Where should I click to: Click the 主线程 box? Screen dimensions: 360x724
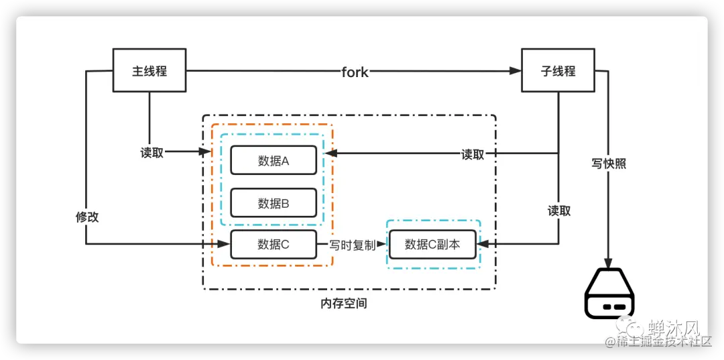(x=149, y=70)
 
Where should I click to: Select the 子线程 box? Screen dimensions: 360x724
(x=558, y=70)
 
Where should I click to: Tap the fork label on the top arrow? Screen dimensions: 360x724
(x=355, y=72)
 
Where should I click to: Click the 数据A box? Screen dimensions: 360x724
(x=273, y=160)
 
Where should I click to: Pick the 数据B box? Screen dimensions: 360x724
(x=273, y=202)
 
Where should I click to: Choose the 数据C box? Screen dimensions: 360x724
(x=273, y=244)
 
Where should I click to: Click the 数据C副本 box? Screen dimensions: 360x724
(x=432, y=244)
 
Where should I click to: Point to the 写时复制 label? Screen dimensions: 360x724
(x=352, y=245)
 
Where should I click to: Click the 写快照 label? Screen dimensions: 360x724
(x=609, y=163)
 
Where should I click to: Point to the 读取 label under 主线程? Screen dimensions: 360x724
(x=152, y=153)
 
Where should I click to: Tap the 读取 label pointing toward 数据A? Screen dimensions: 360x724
(x=473, y=154)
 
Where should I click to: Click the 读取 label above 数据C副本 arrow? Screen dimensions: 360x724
(x=559, y=211)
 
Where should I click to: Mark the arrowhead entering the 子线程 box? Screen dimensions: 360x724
(x=516, y=70)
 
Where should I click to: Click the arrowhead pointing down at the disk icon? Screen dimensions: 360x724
(x=609, y=262)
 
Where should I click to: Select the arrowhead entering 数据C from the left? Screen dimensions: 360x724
(x=225, y=244)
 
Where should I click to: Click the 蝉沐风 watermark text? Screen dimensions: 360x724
(x=673, y=328)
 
